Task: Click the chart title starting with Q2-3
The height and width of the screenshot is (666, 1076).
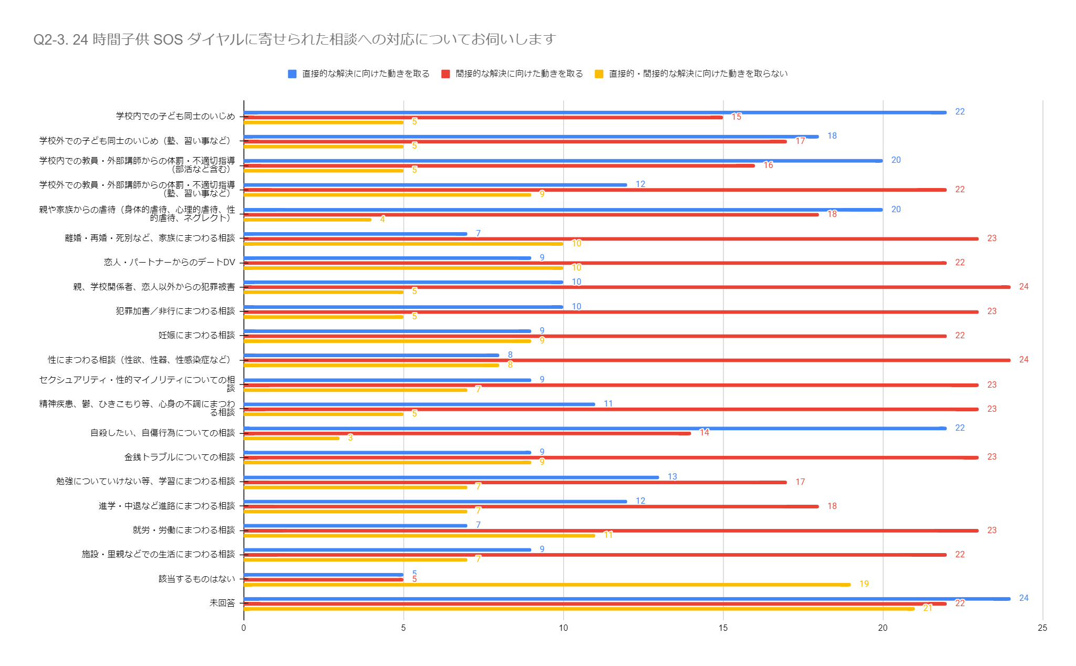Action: [294, 39]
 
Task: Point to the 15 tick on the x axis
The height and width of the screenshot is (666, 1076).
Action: [723, 628]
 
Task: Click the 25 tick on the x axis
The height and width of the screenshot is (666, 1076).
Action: [1042, 628]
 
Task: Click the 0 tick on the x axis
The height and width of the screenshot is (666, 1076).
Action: [244, 628]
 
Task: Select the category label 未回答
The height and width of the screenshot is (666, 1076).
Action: [222, 603]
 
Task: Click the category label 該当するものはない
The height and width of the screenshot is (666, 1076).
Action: [196, 579]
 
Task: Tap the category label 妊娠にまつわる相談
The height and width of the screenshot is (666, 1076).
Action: [196, 335]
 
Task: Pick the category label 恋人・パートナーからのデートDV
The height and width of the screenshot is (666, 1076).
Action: [169, 262]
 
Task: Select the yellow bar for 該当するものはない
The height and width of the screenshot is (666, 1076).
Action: [546, 585]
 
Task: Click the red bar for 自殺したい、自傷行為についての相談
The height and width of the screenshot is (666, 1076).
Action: [467, 433]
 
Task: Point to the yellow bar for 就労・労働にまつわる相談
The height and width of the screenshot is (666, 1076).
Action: [419, 536]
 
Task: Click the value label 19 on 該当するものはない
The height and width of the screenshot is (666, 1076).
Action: [864, 584]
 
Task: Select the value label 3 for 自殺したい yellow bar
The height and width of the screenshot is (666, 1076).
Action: [350, 438]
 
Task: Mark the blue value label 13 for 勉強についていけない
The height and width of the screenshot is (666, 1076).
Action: [672, 476]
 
